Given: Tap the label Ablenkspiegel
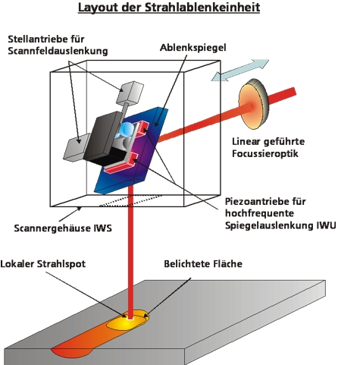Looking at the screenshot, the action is tap(193, 48).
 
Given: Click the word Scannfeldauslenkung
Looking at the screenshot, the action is tap(58, 51).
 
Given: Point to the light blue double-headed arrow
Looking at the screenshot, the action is tap(240, 70).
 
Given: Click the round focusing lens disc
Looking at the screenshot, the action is tap(253, 104).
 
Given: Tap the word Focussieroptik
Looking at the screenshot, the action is tap(265, 153).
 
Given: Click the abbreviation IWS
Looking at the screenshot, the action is tap(102, 228).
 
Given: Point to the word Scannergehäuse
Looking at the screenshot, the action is tap(53, 228).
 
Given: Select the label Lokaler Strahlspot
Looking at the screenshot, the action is tap(43, 264).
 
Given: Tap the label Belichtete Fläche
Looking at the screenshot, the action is tap(203, 264).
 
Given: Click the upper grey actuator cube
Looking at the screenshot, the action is tap(130, 93).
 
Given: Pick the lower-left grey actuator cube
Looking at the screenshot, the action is tap(77, 147).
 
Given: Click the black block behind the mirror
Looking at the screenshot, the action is tap(104, 138).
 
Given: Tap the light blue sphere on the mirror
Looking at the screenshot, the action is tap(127, 130).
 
